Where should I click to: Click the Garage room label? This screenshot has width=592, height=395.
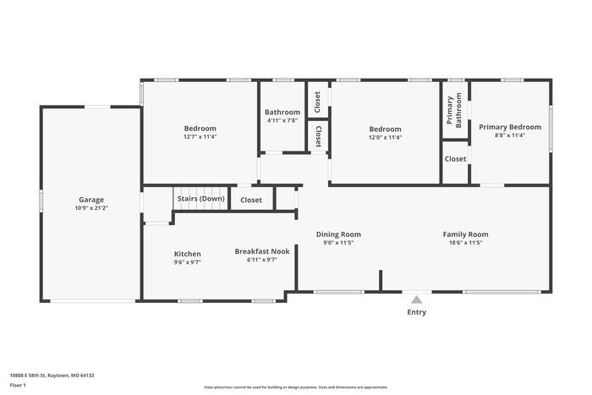point(91,200)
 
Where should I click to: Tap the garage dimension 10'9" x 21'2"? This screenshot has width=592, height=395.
point(91,208)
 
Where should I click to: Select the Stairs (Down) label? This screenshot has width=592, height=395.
point(200,199)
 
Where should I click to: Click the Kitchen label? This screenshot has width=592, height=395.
point(187,254)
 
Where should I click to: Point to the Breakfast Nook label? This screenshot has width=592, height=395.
point(262,251)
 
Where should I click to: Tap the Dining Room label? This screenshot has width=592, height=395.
point(338,234)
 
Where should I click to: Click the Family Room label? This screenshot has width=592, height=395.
point(465,234)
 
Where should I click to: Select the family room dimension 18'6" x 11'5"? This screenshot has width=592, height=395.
point(465,243)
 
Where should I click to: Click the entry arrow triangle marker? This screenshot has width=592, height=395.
point(415,298)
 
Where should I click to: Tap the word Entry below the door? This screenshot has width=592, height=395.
point(417,312)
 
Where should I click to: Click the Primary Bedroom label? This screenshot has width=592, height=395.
point(510,127)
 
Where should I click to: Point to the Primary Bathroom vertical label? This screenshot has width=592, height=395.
point(454,111)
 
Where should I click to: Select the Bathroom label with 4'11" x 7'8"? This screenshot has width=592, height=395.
point(282,112)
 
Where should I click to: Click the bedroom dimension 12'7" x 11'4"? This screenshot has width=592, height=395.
point(200,137)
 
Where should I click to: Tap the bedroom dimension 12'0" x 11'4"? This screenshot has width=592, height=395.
point(385,137)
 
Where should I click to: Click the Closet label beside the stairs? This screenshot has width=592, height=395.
point(251,200)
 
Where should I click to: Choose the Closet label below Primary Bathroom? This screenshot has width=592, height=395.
point(455,159)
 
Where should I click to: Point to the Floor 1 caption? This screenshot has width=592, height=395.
point(18,385)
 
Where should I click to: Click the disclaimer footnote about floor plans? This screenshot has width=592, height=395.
point(296,387)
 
